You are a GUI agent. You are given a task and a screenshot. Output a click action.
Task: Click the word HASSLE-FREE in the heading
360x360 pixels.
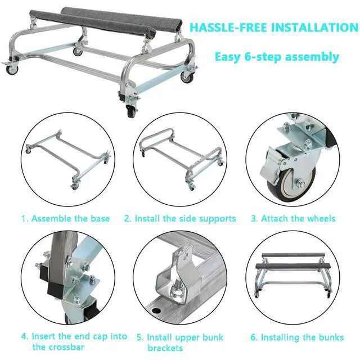pyautogui.click(x=228, y=28)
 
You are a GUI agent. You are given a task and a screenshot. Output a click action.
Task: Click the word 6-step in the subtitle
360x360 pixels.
pyautogui.click(x=263, y=57)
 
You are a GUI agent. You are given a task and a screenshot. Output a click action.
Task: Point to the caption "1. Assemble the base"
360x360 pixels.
pyautogui.click(x=65, y=218)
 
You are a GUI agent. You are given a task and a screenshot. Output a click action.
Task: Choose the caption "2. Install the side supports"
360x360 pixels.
pyautogui.click(x=180, y=219)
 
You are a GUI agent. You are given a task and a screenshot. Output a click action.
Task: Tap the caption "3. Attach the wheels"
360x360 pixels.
pyautogui.click(x=293, y=218)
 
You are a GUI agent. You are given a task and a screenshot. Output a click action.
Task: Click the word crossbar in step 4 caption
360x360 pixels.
pyautogui.click(x=58, y=347)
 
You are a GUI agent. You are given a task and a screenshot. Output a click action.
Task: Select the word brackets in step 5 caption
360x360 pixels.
pyautogui.click(x=165, y=348)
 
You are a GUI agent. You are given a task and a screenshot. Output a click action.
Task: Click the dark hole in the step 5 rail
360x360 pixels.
pyautogui.click(x=156, y=311)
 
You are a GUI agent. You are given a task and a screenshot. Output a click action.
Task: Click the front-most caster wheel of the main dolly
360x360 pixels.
pyautogui.click(x=131, y=111)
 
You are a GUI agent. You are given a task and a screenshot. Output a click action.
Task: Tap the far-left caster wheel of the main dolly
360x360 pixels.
pyautogui.click(x=12, y=69)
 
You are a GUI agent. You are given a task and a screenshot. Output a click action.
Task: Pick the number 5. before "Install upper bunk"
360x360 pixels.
pyautogui.click(x=140, y=337)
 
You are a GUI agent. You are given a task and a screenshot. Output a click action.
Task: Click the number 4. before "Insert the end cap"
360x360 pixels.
pyautogui.click(x=25, y=336)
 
